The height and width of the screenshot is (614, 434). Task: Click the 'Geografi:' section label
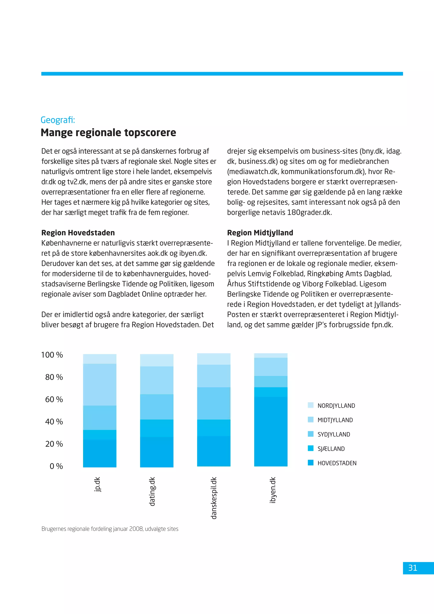pyautogui.click(x=58, y=120)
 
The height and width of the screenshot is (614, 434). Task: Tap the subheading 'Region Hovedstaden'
pyautogui.click(x=78, y=233)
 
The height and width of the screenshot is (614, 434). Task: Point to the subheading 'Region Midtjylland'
pyautogui.click(x=260, y=233)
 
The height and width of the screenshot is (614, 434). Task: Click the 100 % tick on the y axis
pyautogui.click(x=52, y=355)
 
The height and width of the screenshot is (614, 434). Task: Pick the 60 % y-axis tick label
pyautogui.click(x=54, y=399)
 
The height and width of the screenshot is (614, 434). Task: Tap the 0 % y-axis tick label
pyautogui.click(x=56, y=466)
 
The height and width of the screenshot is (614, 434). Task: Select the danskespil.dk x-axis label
pyautogui.click(x=214, y=498)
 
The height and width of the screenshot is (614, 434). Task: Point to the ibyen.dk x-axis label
pyautogui.click(x=272, y=490)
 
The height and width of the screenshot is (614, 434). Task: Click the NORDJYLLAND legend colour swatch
pyautogui.click(x=310, y=405)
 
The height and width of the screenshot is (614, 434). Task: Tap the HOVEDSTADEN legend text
pyautogui.click(x=337, y=463)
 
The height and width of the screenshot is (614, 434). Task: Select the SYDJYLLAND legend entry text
pyautogui.click(x=334, y=434)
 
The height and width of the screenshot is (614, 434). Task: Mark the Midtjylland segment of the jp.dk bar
pyautogui.click(x=100, y=385)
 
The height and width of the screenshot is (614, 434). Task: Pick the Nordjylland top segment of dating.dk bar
pyautogui.click(x=157, y=360)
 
